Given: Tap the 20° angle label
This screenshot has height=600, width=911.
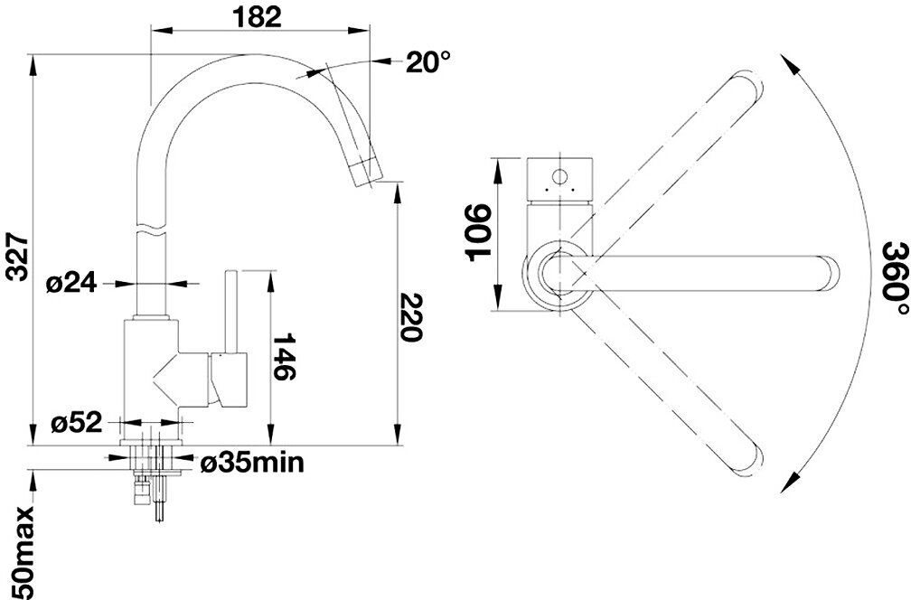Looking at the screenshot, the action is pyautogui.click(x=427, y=61).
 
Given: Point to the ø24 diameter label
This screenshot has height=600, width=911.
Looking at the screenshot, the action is pyautogui.click(x=70, y=283).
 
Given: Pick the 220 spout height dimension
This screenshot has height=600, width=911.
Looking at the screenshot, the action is pyautogui.click(x=410, y=316).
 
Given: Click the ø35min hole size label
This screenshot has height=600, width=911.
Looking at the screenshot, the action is pyautogui.click(x=251, y=464).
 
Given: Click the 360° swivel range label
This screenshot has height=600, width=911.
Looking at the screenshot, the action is pyautogui.click(x=895, y=278).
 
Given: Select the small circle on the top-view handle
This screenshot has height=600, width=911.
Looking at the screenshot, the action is pyautogui.click(x=559, y=174).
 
